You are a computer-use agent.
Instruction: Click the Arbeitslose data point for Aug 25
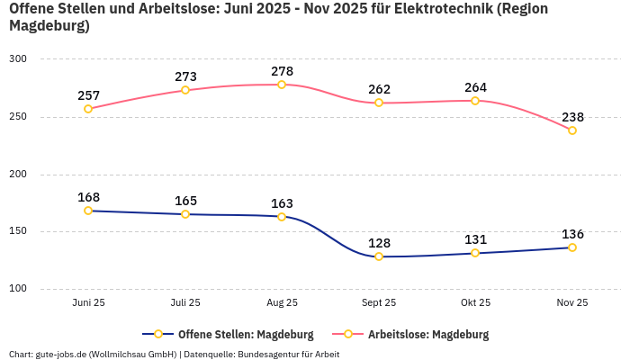pos(282,85)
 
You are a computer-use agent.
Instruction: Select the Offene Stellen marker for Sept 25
pos(379,256)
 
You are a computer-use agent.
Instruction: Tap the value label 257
pos(88,95)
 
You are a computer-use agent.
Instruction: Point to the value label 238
pos(572,117)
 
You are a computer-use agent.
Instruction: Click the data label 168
pos(88,197)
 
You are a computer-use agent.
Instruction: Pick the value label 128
pos(379,243)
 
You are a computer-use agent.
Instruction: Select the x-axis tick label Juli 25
pos(185,302)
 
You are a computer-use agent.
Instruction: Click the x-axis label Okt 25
pos(475,302)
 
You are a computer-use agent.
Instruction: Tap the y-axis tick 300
pos(19,58)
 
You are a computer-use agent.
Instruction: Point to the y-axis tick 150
pos(19,231)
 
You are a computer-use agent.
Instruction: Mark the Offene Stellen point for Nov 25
pos(572,247)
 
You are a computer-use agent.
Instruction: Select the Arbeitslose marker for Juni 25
pos(88,109)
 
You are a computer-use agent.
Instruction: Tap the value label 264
pos(475,87)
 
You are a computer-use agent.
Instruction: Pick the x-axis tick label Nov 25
pos(572,302)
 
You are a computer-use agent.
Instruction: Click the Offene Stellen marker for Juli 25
pos(185,214)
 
